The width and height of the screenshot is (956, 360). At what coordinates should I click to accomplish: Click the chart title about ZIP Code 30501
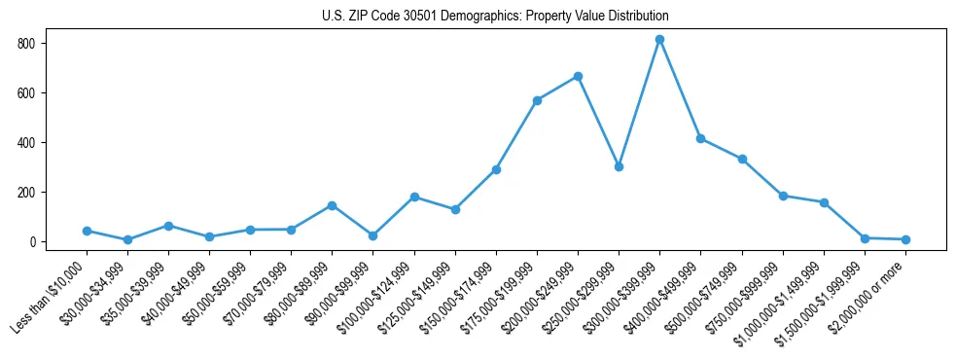(x=495, y=17)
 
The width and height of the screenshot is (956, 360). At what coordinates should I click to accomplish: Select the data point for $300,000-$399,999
(x=660, y=40)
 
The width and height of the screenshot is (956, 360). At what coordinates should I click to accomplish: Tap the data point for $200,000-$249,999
(x=579, y=76)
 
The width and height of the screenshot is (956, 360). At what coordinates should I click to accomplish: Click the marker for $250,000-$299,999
(x=620, y=166)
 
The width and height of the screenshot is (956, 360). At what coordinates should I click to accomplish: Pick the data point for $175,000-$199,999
(x=538, y=100)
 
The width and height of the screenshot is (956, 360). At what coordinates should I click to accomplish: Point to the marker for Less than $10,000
(x=88, y=231)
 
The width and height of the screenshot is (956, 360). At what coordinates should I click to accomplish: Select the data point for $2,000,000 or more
(x=905, y=239)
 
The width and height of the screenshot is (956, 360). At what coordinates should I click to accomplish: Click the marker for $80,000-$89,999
(x=333, y=205)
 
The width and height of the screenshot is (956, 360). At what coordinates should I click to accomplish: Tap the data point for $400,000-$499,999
(x=701, y=138)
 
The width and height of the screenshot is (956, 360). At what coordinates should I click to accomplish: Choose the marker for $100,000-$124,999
(x=414, y=197)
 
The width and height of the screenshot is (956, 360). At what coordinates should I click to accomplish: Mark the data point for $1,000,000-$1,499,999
(x=824, y=202)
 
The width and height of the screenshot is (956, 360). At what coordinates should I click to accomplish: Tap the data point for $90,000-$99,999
(x=373, y=235)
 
